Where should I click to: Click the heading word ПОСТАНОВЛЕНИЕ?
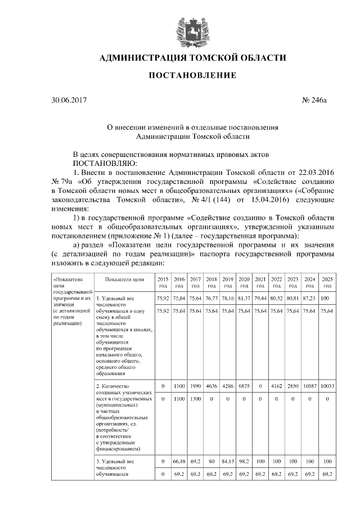pyautogui.click(x=192, y=75)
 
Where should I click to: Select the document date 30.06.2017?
pyautogui.click(x=66, y=101)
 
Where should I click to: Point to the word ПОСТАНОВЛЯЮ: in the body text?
pyautogui.click(x=102, y=163)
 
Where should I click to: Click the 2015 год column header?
pyautogui.click(x=163, y=282)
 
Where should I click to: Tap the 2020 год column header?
pyautogui.click(x=244, y=282)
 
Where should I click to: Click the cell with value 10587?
pyautogui.click(x=308, y=386)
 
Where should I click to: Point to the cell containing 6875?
pyautogui.click(x=244, y=386)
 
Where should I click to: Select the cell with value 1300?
pyautogui.click(x=195, y=399)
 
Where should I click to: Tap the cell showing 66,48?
pyautogui.click(x=179, y=461)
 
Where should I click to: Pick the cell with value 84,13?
pyautogui.click(x=227, y=461)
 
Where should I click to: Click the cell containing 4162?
pyautogui.click(x=276, y=386)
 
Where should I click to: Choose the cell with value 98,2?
pyautogui.click(x=244, y=461)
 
